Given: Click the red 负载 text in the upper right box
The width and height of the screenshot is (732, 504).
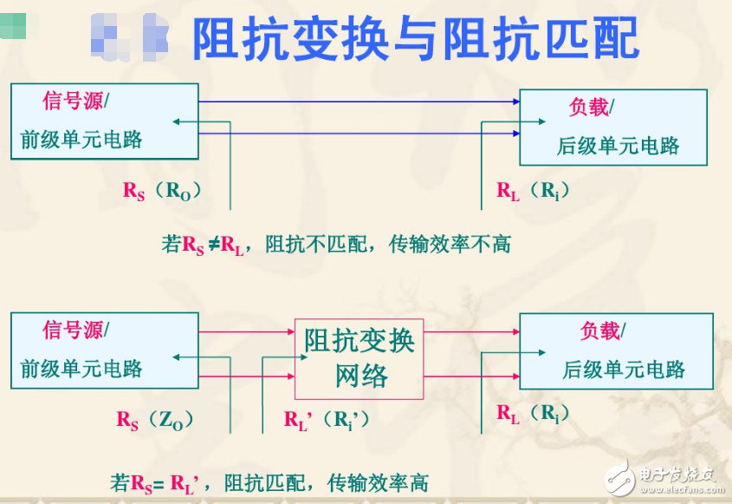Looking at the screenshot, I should click(x=588, y=108).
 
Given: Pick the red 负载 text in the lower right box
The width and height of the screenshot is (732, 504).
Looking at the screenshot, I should click(x=599, y=331).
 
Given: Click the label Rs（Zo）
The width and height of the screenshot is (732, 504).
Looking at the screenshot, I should click(x=155, y=420).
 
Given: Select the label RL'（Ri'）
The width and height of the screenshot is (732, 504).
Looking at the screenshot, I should click(x=327, y=420).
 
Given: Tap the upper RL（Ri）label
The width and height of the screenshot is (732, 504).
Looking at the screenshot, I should click(x=533, y=191).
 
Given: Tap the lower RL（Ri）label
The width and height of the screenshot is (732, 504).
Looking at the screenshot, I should click(x=533, y=414).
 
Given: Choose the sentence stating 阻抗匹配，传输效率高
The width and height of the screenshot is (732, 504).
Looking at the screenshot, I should click(x=269, y=482).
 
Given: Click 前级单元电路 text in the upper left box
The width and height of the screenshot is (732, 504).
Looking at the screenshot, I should click(x=81, y=139).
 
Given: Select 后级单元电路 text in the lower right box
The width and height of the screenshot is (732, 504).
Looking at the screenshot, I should click(x=624, y=370).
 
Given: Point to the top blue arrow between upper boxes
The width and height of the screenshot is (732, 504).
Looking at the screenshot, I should click(x=359, y=101).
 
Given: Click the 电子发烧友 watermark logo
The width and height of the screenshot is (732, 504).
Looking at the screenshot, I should click(x=663, y=475).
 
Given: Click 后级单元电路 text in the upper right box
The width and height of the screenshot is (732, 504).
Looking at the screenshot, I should click(x=618, y=146).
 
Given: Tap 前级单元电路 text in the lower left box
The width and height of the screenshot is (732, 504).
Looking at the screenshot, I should click(x=81, y=369).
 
